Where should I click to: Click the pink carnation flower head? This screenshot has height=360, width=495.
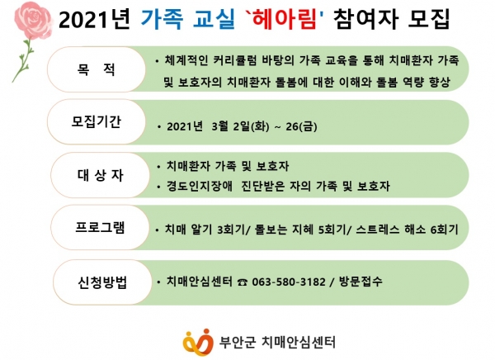click(33, 20)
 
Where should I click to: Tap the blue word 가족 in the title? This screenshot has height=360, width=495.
click(162, 19)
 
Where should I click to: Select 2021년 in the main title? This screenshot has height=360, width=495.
click(94, 20)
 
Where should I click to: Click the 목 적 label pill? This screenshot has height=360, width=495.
click(97, 69)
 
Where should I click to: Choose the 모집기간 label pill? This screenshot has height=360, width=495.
click(97, 121)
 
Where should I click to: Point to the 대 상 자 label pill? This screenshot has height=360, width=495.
click(100, 175)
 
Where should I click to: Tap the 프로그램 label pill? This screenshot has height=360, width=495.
click(100, 227)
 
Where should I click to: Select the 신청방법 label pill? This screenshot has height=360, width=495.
click(102, 282)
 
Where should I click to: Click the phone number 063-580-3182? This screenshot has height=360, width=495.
click(289, 282)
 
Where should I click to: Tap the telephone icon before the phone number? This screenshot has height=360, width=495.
click(243, 282)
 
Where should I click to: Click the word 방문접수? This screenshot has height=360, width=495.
click(361, 281)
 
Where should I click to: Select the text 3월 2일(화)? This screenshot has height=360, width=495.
click(240, 126)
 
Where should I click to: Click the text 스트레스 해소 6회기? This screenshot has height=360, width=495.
click(407, 230)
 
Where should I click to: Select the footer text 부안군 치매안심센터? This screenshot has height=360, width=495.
click(277, 343)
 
